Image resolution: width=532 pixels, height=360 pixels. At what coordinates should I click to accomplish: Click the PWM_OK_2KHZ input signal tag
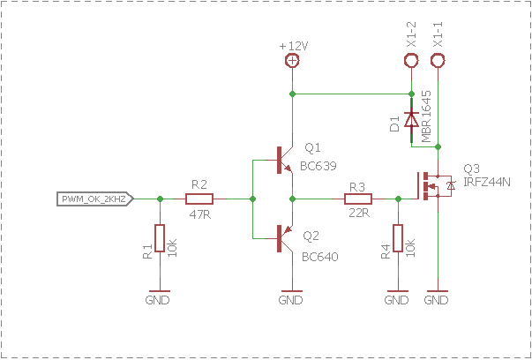tap(95, 199)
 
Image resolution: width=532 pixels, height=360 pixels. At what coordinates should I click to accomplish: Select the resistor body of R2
tap(199, 199)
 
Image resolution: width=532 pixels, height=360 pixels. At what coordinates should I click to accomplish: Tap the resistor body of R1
tap(160, 238)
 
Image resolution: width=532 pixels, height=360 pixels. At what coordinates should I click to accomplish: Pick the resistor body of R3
tap(358, 199)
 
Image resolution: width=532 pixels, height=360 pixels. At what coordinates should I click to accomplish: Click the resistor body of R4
tap(398, 238)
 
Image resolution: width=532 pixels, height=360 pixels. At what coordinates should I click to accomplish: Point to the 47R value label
tap(200, 214)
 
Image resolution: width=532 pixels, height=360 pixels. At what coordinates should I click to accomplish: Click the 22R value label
tap(359, 213)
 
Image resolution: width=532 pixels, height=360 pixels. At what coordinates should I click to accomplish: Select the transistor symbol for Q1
tap(284, 161)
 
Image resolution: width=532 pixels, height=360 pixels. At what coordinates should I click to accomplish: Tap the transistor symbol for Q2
tap(284, 238)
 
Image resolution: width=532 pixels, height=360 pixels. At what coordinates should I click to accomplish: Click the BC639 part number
tap(318, 166)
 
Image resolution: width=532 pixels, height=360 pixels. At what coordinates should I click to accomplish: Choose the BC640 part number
tap(320, 257)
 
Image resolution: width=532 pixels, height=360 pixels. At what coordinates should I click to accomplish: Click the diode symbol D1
tap(411, 120)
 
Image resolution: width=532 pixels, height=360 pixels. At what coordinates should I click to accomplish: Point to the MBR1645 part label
tap(426, 116)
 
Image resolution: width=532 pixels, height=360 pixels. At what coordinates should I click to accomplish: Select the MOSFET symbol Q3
tap(434, 186)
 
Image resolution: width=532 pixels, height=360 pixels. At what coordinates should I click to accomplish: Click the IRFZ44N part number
tap(486, 182)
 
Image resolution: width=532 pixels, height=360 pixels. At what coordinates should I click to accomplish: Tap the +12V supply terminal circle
tap(292, 61)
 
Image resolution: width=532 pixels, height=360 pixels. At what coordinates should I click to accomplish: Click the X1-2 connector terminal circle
tap(411, 61)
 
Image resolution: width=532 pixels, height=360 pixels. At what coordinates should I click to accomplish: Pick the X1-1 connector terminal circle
tap(438, 61)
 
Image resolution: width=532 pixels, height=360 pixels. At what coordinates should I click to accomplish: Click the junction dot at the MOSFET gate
tap(398, 199)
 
